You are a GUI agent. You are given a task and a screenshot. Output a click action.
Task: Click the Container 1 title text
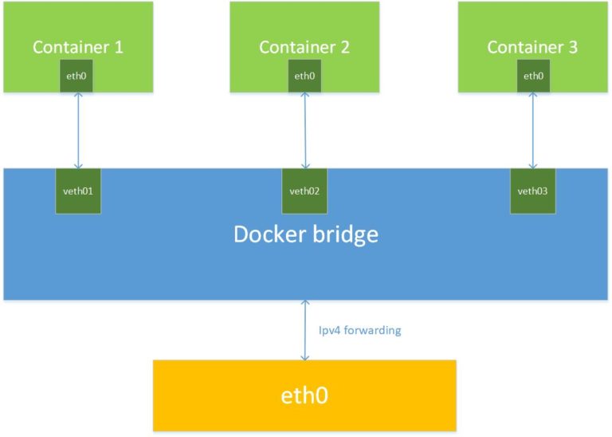coord(77,47)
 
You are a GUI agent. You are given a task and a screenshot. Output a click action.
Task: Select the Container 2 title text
coord(304,47)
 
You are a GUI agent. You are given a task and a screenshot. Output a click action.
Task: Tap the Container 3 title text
coord(532,47)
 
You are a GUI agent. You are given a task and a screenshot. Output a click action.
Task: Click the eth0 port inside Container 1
coord(77,77)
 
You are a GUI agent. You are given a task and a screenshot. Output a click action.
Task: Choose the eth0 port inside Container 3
coord(532,77)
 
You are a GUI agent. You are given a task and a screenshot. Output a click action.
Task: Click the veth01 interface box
coord(78,191)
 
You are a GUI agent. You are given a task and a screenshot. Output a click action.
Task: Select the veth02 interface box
coord(304,191)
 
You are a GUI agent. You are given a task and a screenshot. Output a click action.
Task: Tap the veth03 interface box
coord(532,191)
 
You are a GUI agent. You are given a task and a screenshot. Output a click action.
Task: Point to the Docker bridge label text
coord(305,234)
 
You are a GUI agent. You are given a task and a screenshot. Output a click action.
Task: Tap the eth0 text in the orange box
coord(304,395)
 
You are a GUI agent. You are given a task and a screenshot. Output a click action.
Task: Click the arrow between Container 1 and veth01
coord(78,130)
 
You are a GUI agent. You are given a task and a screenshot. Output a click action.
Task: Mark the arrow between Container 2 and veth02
coord(304,130)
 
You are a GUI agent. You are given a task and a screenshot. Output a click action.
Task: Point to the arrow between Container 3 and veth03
coord(532,130)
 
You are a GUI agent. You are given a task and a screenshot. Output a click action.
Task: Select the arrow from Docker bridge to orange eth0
coord(304,329)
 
